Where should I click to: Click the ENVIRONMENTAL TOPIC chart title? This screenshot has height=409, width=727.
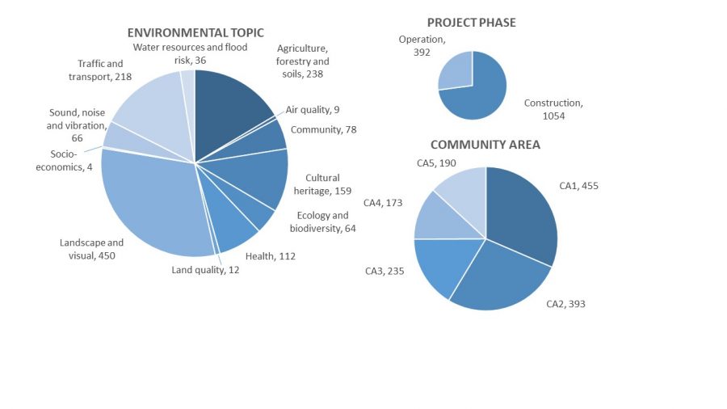coord(195,33)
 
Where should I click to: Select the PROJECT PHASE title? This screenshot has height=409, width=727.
coord(471,23)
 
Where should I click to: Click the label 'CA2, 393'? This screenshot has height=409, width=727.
coord(565,304)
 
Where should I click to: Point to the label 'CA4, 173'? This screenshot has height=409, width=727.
coord(383,202)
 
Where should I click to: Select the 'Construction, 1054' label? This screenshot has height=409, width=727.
coord(553,109)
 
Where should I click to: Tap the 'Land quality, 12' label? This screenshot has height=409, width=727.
coord(205,270)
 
